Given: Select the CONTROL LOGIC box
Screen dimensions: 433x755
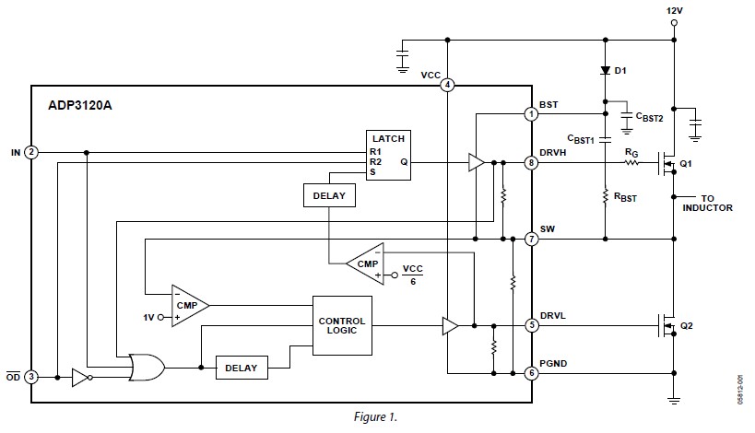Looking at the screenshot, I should point(342,326).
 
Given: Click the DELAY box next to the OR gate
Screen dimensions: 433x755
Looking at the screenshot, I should point(241,368).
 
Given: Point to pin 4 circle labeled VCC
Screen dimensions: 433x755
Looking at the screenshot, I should point(447,85).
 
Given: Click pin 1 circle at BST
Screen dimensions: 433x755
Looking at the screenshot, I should point(531,114).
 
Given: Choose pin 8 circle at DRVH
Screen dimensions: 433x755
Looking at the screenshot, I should point(531,163).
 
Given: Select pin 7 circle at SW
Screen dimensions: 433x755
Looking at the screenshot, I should point(531,239).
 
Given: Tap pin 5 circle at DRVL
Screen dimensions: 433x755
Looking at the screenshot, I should point(531,325).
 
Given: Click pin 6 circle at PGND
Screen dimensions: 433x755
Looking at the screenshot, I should point(531,373).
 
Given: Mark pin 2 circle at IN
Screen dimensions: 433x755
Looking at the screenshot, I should point(31,152).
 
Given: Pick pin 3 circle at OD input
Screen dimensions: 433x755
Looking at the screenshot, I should point(31,377).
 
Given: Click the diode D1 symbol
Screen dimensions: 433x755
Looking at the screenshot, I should point(606,70).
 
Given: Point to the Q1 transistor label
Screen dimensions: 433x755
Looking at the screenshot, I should point(685,164).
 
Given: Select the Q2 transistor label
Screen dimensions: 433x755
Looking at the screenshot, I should point(685,326).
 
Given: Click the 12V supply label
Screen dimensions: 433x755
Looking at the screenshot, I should point(674,10).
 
